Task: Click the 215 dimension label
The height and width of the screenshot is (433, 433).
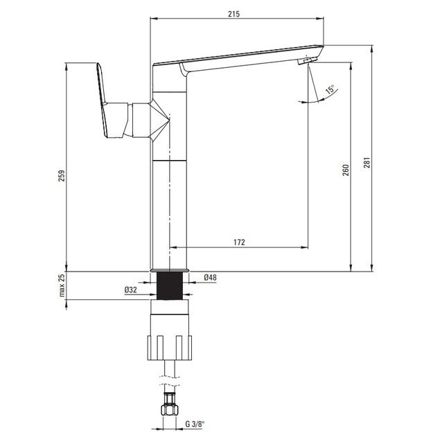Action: click(233, 14)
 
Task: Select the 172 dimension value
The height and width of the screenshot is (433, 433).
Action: click(239, 242)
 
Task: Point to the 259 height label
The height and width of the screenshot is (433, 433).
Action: click(62, 175)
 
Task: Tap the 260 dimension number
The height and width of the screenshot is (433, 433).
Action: click(346, 170)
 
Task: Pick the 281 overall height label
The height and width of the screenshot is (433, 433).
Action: click(366, 163)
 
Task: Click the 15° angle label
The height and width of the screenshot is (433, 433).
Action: click(330, 90)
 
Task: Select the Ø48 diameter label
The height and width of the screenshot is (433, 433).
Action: click(210, 277)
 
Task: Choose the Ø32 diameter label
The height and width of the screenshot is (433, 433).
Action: click(131, 290)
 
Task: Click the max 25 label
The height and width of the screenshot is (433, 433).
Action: click(62, 285)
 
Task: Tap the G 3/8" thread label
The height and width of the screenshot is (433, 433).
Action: click(195, 424)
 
